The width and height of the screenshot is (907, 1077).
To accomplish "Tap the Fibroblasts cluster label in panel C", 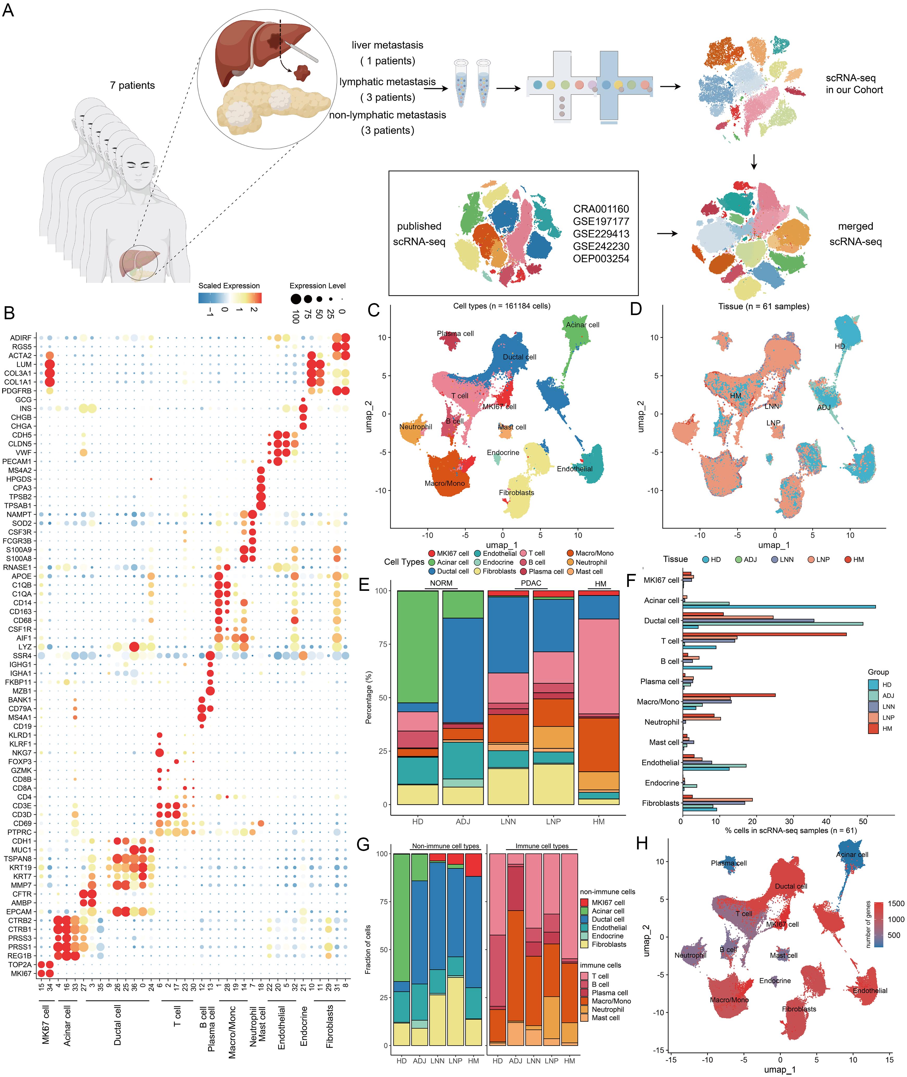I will point(516,492).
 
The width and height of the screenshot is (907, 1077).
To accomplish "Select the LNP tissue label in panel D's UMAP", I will point(773,423).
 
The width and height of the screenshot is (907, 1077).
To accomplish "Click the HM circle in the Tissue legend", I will point(848,559).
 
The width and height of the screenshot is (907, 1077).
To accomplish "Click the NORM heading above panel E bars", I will point(441,583).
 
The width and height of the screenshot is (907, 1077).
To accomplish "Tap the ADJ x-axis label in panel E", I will point(463,822).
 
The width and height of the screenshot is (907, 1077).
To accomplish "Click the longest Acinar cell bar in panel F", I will point(779,607).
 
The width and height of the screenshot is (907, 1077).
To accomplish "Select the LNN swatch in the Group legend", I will point(873,706).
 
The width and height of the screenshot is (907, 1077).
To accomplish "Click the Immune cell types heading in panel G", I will point(542,846).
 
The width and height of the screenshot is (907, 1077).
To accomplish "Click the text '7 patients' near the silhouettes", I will point(132,85).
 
